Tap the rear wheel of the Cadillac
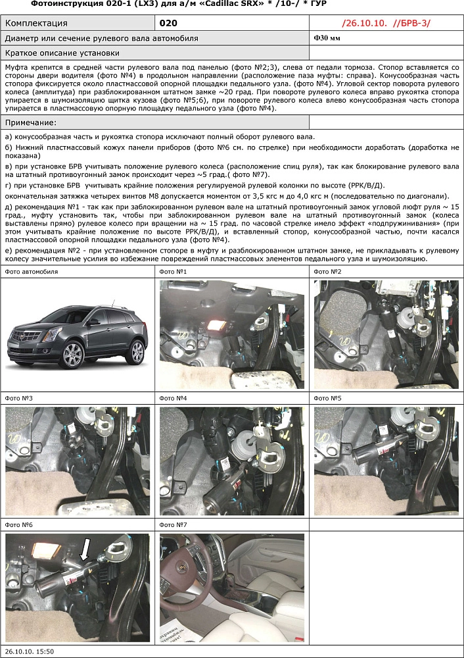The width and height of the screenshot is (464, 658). click(x=136, y=352)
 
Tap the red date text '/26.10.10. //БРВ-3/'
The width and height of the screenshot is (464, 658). click(x=386, y=23)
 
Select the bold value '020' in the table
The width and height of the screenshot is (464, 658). click(x=169, y=23)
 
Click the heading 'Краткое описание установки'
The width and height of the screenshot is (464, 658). click(x=62, y=53)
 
